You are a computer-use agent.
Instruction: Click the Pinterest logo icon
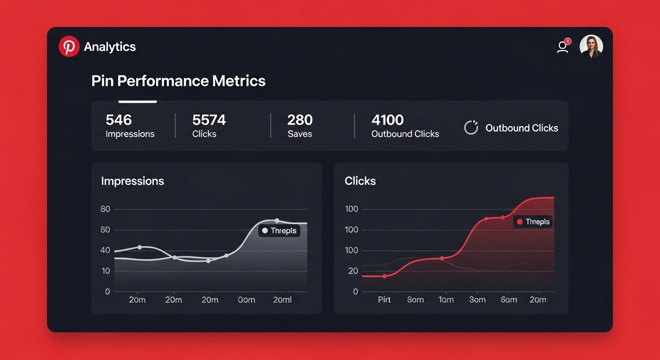69,46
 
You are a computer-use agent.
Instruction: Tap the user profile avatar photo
591,46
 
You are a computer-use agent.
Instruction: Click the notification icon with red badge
563,46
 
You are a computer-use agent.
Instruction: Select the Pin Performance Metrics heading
178,81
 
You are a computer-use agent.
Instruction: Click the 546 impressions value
119,120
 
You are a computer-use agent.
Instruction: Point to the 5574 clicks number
209,120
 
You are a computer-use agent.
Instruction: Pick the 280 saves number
300,120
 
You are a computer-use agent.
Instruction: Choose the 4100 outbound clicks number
387,120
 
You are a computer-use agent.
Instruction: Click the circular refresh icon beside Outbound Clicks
471,128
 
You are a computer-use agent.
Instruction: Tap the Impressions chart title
132,181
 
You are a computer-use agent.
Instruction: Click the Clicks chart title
360,181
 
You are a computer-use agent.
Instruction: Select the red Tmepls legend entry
533,222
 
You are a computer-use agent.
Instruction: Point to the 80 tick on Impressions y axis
105,209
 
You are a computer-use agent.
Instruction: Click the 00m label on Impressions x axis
246,300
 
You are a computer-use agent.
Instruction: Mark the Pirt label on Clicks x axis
384,300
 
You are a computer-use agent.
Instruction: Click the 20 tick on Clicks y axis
352,271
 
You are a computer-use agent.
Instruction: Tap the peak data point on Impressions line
277,220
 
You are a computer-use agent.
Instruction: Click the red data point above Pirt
384,276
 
